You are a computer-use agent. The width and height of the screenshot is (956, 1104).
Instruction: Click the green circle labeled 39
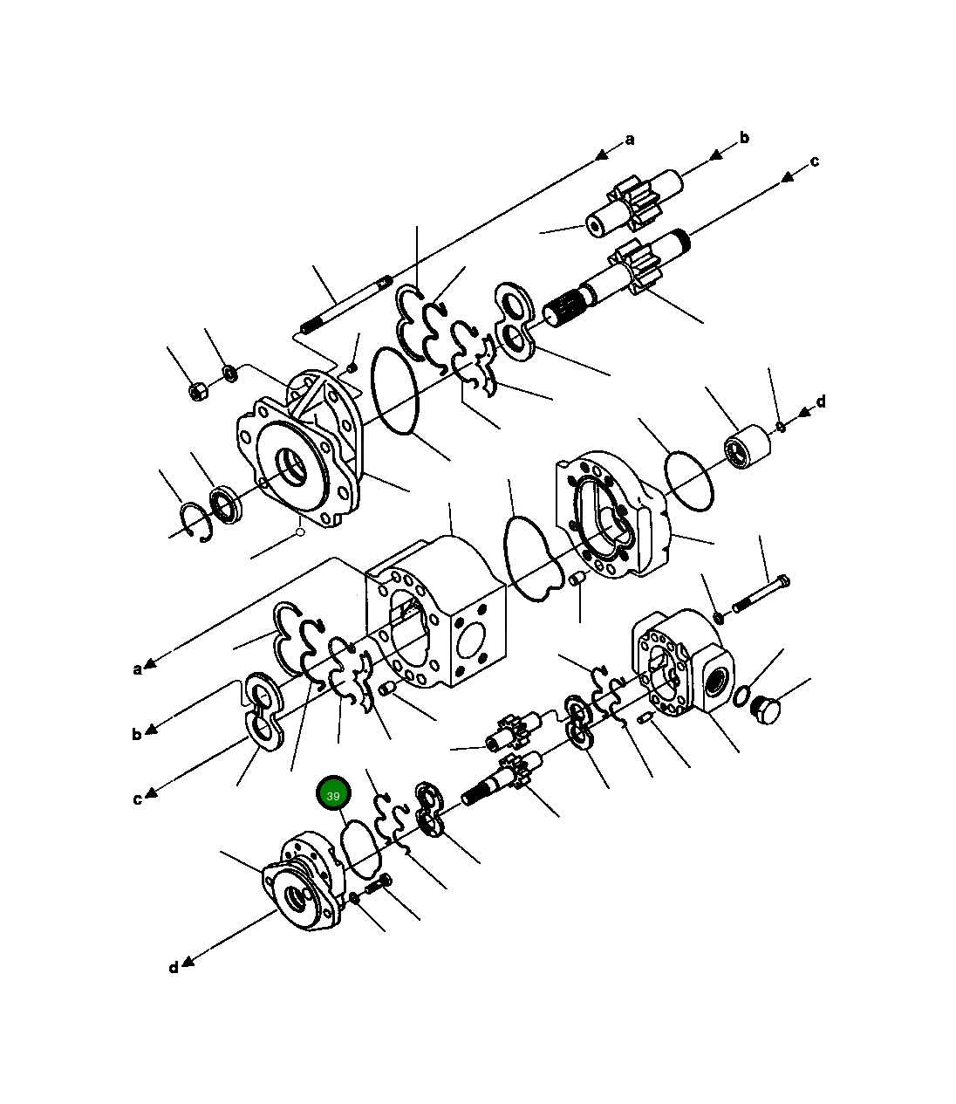(332, 794)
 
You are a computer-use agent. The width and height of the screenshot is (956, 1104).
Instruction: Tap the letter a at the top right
(630, 140)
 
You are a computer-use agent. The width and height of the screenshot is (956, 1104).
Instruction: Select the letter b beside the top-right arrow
(744, 137)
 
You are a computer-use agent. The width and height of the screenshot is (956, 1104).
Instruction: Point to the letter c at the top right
(814, 161)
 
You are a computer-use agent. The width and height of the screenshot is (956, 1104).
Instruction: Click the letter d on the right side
(820, 402)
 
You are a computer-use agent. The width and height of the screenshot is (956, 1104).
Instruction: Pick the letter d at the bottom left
(173, 967)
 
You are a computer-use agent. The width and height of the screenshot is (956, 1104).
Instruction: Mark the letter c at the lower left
(137, 799)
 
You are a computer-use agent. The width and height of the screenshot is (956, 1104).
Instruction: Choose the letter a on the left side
(137, 669)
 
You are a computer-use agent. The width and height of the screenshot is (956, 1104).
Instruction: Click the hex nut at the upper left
(198, 392)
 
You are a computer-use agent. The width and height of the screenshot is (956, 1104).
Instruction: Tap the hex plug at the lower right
(763, 709)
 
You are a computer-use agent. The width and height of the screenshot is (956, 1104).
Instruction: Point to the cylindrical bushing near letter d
(747, 447)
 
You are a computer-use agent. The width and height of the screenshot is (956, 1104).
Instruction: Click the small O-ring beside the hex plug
(740, 696)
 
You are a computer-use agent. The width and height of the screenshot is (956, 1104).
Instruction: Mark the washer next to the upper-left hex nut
(230, 374)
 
